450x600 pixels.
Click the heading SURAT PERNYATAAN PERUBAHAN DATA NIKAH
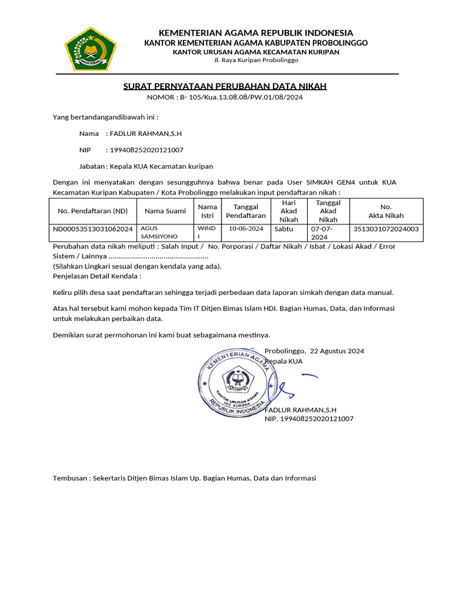click(x=224, y=87)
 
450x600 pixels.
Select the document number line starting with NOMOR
click(x=224, y=97)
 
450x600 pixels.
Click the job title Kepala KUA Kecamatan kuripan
click(x=159, y=166)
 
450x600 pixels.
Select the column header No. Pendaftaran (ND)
click(x=93, y=211)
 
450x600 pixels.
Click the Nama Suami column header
click(x=165, y=211)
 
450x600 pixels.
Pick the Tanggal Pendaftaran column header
click(x=246, y=211)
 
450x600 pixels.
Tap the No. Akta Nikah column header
click(x=386, y=211)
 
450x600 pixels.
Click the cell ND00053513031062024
click(x=93, y=229)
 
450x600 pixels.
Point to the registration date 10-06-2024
click(x=246, y=229)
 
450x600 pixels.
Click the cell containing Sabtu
click(x=283, y=229)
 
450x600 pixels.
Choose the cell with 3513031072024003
click(x=386, y=229)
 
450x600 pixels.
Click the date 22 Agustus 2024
click(x=337, y=351)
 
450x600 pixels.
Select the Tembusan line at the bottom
click(x=185, y=478)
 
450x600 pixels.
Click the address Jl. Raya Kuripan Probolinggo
click(x=256, y=60)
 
